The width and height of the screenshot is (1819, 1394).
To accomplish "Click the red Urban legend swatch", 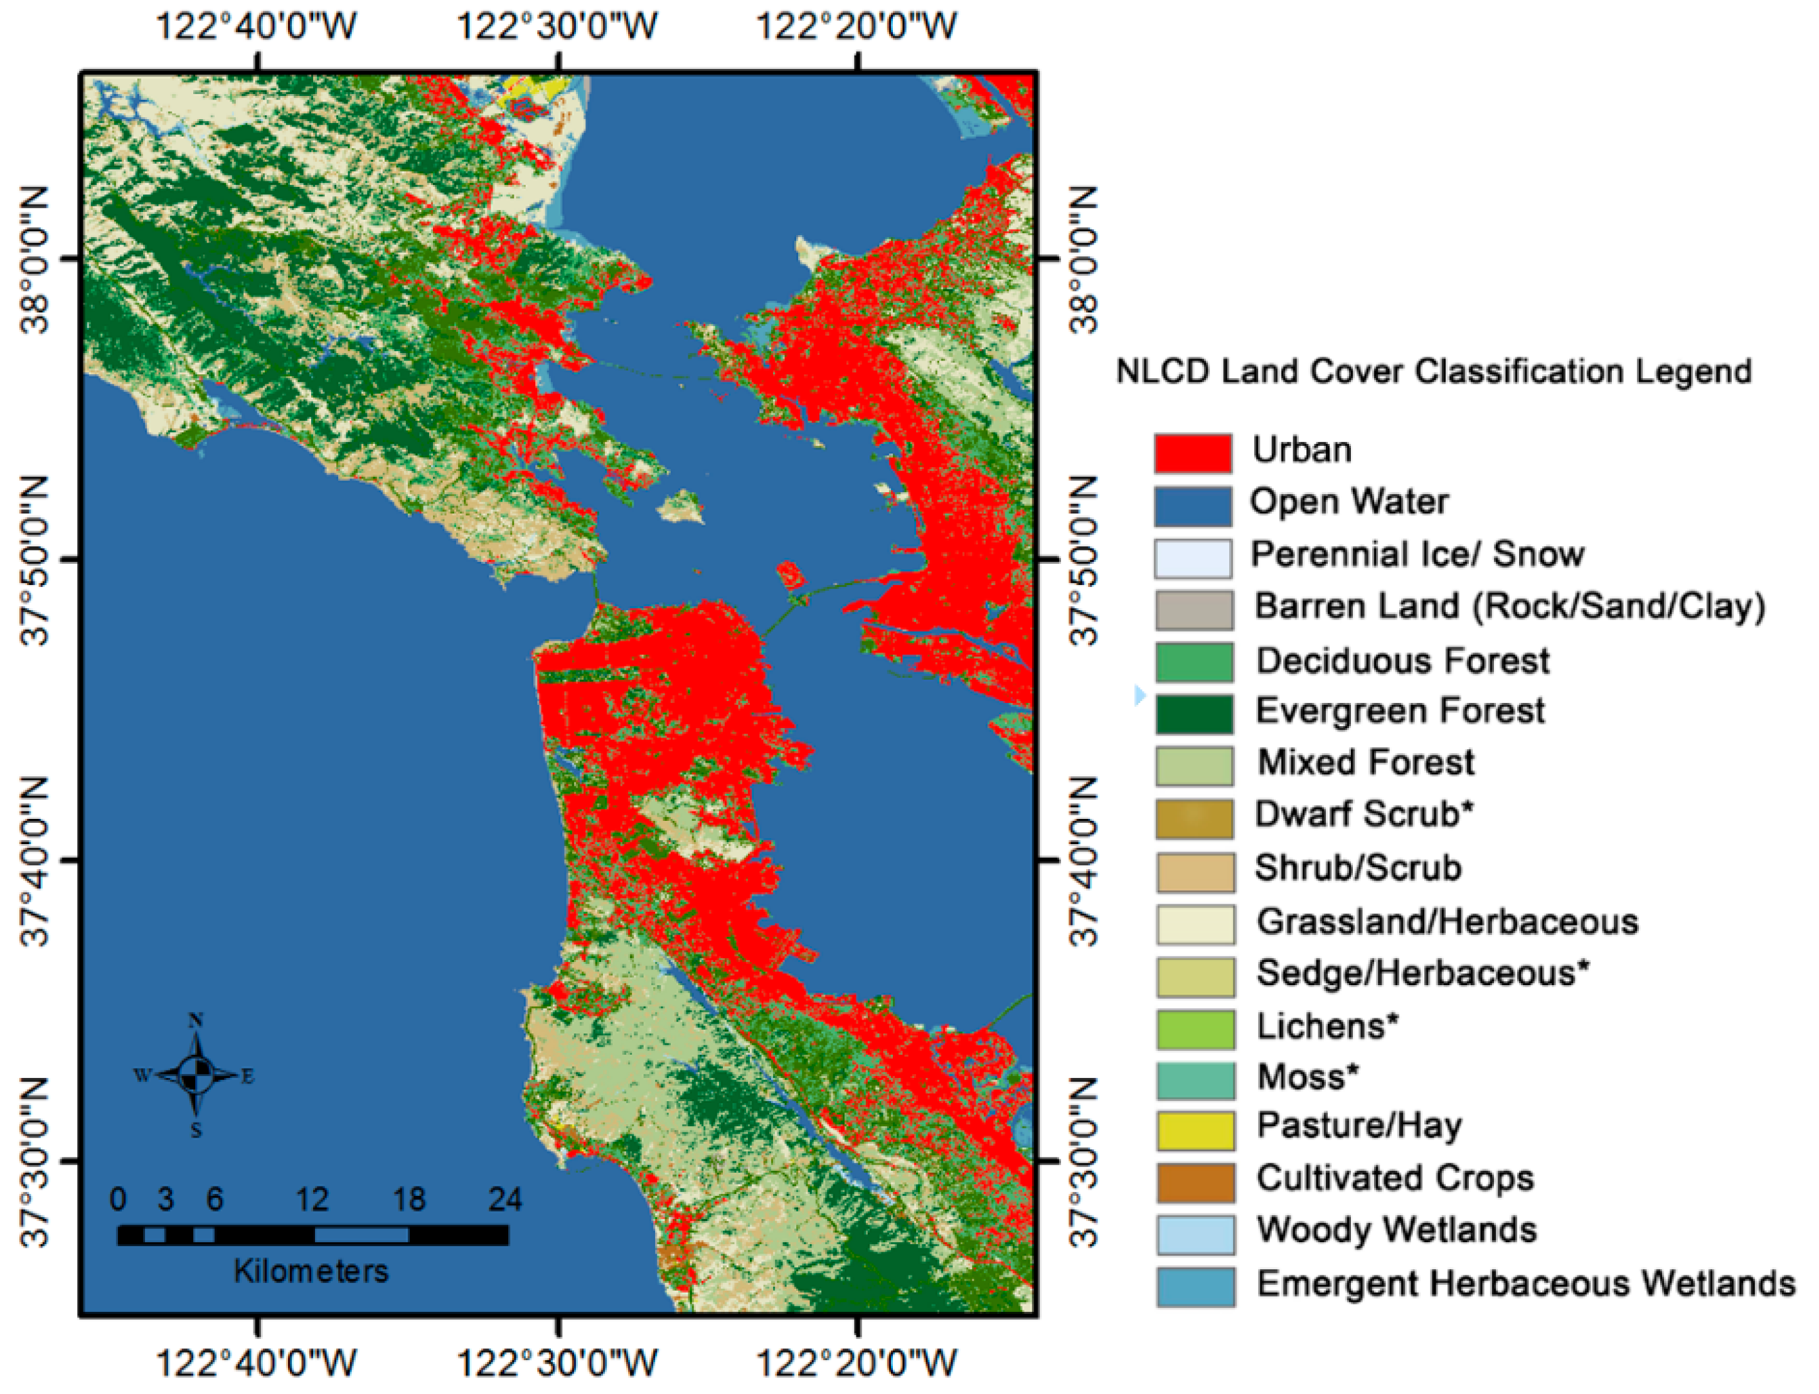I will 1192,453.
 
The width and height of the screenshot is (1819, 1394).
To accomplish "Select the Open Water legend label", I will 1348,502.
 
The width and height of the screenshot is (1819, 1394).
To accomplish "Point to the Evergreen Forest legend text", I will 1400,711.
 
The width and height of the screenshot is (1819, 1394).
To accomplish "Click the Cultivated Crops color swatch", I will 1195,1181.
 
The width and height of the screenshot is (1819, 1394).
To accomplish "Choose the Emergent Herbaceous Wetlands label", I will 1525,1284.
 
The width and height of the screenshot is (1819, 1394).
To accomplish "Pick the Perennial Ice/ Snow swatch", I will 1192,557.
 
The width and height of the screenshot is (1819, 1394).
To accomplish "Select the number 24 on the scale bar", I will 504,1199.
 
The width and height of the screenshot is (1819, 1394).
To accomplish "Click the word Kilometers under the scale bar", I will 311,1271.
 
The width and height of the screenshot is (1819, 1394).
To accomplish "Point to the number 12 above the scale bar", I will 312,1199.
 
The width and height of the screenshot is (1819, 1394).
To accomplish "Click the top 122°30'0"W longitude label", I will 557,26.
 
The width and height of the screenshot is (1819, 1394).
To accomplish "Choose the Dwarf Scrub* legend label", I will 1363,815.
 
